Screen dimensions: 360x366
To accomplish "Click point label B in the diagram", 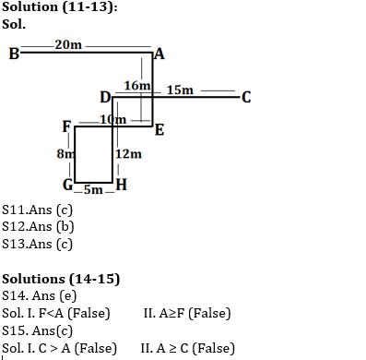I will point(13,53).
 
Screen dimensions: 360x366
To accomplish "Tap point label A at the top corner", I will point(159,54).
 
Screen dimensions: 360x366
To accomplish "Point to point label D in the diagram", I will point(104,97).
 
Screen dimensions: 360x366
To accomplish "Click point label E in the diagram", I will point(159,129).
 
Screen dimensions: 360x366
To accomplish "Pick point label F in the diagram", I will point(66,126).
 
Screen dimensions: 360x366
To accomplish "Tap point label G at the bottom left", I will point(67,183).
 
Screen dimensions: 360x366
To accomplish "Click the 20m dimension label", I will point(67,44).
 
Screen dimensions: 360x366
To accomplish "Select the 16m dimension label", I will point(136,85).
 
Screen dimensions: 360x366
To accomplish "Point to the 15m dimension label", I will point(181,90).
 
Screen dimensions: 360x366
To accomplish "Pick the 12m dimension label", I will point(129,153).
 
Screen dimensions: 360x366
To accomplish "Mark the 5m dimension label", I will point(93,189).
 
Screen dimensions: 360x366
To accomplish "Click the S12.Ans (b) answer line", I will point(38,226).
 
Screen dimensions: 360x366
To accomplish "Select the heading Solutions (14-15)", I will point(61,278).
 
